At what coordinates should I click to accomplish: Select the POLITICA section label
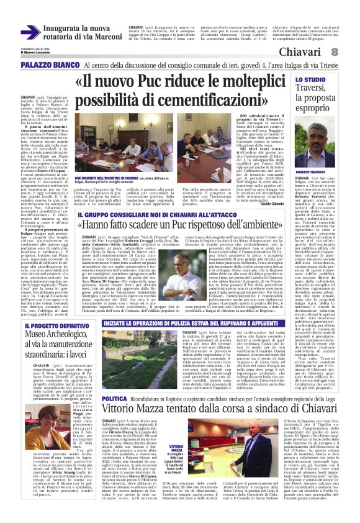[x=115, y=415]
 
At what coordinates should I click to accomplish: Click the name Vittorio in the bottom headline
[x=124, y=427]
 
